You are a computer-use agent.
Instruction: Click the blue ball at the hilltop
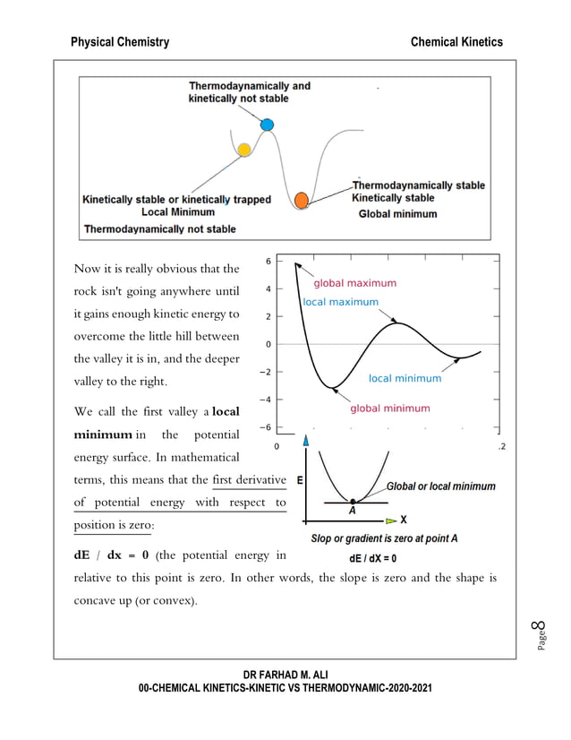(x=266, y=125)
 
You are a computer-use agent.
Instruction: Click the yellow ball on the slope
(x=243, y=149)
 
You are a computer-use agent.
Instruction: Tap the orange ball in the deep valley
(x=302, y=199)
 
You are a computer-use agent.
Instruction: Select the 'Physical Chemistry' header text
(x=120, y=42)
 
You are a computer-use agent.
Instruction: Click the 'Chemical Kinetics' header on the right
(x=456, y=42)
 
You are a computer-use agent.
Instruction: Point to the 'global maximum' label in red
(x=354, y=283)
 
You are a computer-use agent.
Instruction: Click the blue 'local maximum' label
(x=340, y=302)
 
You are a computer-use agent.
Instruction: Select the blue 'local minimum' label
(x=405, y=378)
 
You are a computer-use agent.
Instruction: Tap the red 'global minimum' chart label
(x=389, y=409)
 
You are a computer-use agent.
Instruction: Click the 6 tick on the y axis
(x=269, y=262)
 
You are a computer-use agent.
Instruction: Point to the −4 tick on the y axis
(x=266, y=400)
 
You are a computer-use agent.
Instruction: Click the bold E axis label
(x=299, y=480)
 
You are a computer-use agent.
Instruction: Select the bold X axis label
(x=404, y=520)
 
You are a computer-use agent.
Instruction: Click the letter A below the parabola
(x=352, y=510)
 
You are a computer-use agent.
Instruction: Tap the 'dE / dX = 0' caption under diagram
(x=373, y=557)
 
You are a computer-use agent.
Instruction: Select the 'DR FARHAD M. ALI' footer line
(x=285, y=673)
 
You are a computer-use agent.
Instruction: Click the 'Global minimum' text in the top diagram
(x=397, y=214)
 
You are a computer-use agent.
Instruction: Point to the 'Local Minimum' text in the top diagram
(x=178, y=212)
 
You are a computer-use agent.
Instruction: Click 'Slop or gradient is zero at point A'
(x=384, y=538)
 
